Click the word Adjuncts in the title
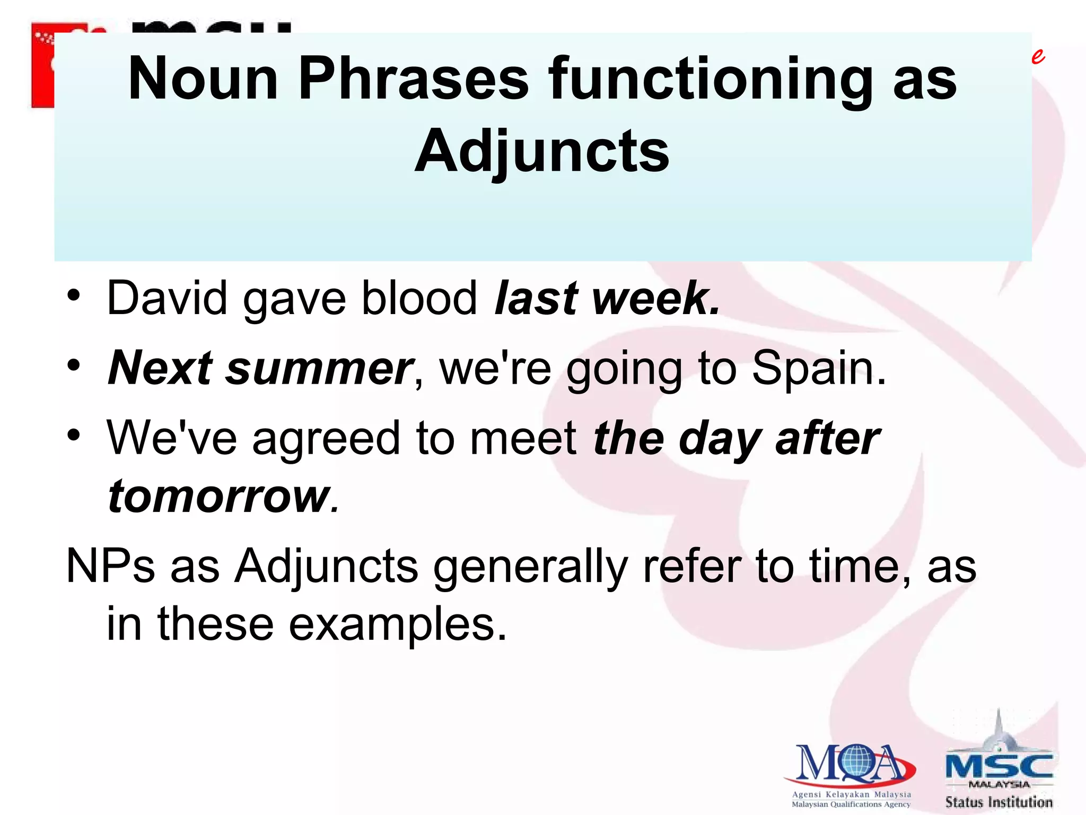(541, 152)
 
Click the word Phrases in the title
(413, 80)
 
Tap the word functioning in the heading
(711, 80)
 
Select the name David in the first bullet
(167, 299)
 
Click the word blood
(419, 299)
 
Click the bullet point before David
(74, 295)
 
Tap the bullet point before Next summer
(74, 366)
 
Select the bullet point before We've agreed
(74, 436)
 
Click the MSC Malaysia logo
(999, 764)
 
